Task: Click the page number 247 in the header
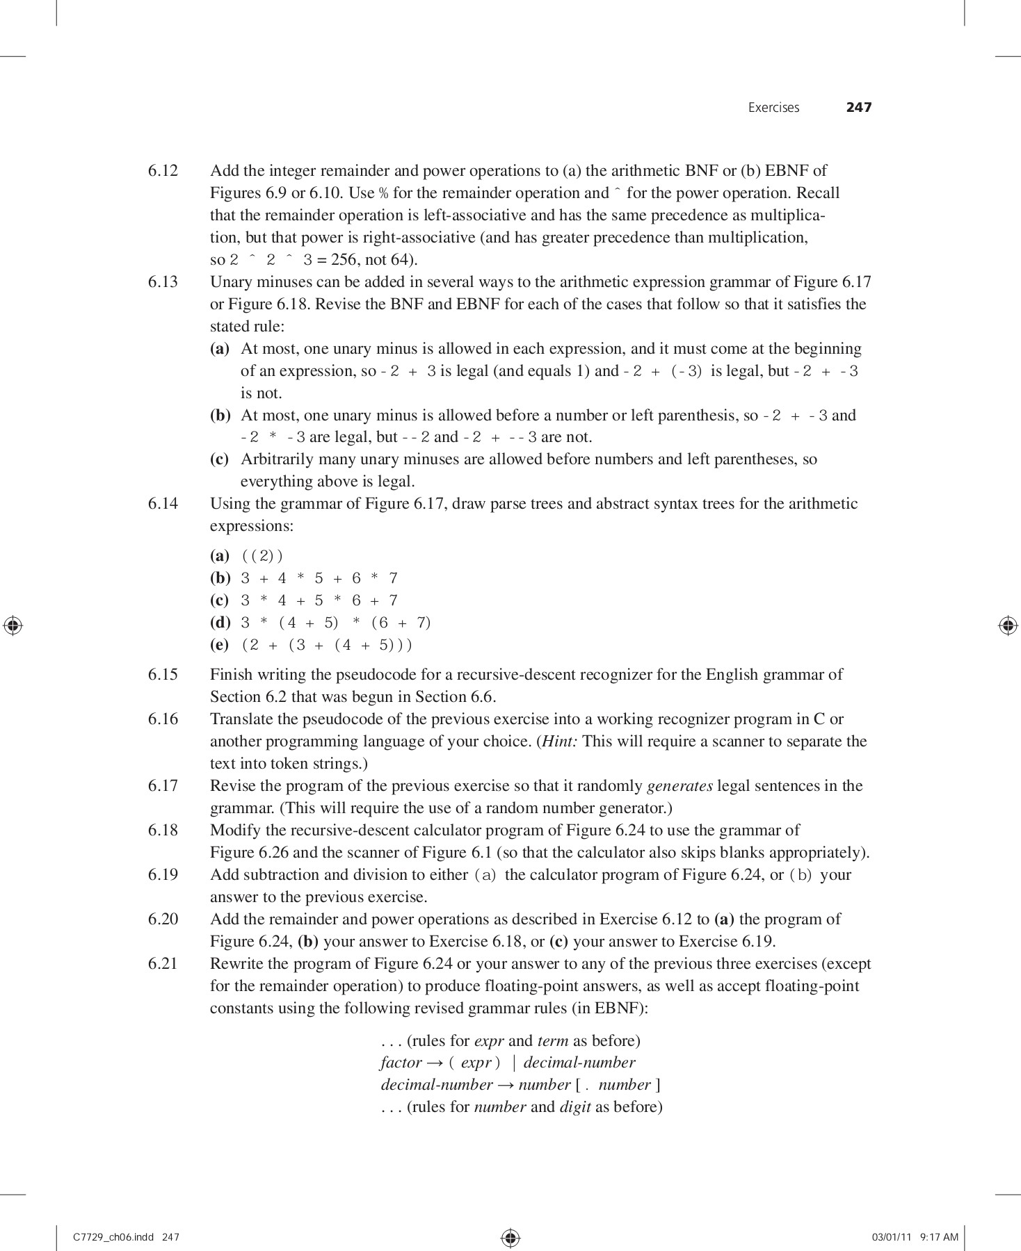coord(858,108)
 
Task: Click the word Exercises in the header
coord(773,108)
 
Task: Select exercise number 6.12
coord(163,171)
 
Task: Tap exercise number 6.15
coord(163,675)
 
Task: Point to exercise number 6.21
coord(163,964)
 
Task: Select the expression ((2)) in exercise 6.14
coord(262,556)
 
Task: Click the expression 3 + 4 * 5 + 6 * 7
coord(319,578)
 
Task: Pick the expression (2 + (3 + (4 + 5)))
coord(327,645)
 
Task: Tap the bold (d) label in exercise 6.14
coord(220,623)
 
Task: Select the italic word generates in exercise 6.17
coord(680,786)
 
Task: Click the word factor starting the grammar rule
coord(401,1063)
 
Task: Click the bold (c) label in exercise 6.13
coord(220,459)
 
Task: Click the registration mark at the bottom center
coord(510,1237)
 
